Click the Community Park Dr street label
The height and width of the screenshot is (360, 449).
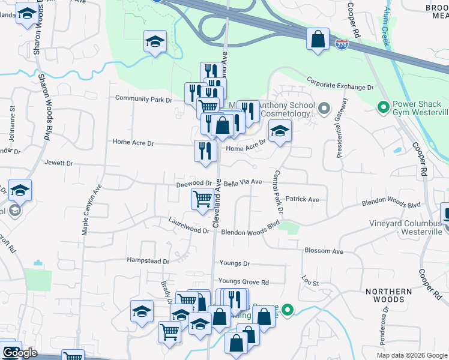143,98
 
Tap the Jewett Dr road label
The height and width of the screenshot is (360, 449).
58,163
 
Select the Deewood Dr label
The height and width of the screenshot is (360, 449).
194,184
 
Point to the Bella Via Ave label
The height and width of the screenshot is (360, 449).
243,182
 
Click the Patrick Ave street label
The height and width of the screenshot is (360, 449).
303,199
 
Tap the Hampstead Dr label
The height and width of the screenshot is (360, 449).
148,261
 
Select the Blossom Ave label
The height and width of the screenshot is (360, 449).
324,251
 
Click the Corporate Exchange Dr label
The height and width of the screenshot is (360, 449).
340,83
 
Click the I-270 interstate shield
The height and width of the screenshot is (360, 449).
342,45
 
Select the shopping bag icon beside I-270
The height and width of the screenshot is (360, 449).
317,40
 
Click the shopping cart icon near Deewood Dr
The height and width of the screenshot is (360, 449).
202,199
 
